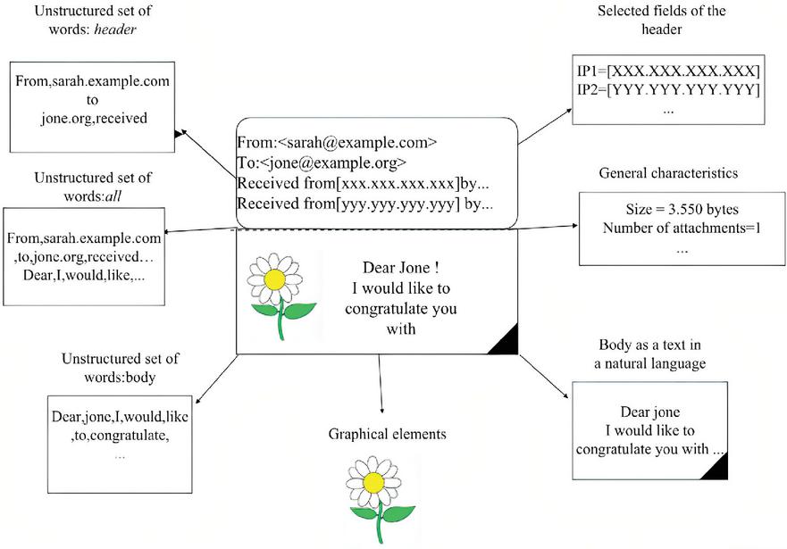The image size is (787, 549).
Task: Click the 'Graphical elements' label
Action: point(387,435)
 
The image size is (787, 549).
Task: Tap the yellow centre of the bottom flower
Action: point(374,483)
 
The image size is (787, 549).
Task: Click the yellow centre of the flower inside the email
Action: point(275,279)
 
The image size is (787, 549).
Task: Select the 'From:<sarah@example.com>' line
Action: point(337,142)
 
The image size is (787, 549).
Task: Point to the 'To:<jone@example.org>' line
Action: point(322,162)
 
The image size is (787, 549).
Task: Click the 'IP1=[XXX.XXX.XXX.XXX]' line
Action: point(668,71)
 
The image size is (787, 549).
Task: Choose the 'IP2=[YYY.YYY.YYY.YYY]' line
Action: point(668,90)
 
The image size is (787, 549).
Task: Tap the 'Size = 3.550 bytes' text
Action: point(681,211)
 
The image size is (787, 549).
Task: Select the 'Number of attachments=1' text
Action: point(681,229)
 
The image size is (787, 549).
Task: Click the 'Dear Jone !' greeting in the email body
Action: point(400,268)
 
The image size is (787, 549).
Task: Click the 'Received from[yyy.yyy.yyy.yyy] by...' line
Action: point(364,204)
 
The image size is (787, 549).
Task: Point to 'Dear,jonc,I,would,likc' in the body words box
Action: point(120,417)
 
